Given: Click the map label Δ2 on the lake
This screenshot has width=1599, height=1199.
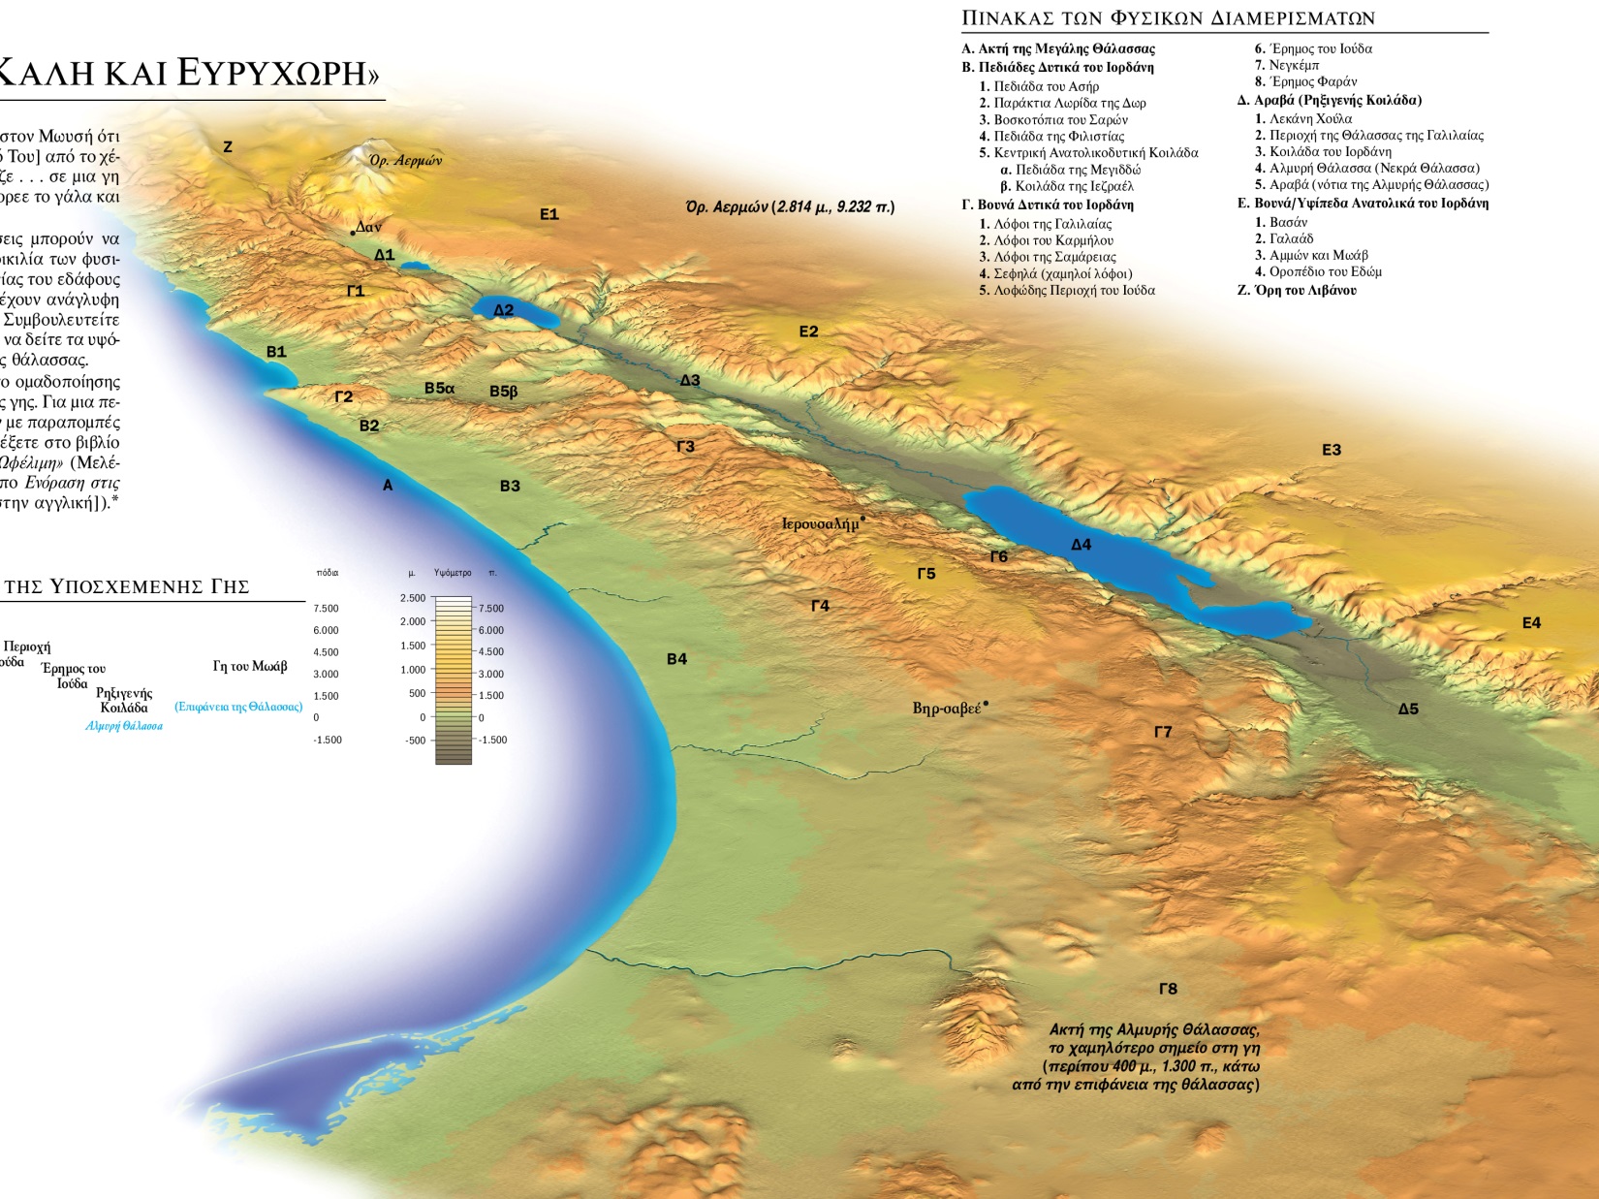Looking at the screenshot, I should tap(503, 310).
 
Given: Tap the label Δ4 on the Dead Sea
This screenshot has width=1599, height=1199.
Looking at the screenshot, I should tap(1081, 545).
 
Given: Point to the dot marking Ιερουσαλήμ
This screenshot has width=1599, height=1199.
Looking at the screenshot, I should tap(862, 520).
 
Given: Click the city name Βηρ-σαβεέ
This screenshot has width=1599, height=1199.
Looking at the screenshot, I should tap(946, 709).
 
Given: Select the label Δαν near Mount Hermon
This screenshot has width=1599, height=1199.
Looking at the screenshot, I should tap(368, 227).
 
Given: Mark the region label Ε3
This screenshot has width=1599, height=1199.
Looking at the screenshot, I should tap(1332, 450).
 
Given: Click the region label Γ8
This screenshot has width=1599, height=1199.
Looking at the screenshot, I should tap(1168, 989).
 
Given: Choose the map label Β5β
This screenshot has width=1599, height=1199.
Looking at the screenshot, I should tap(503, 392).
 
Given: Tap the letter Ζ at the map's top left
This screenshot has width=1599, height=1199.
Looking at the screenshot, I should tap(228, 147).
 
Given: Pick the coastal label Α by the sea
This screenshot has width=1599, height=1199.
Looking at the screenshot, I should tap(388, 485).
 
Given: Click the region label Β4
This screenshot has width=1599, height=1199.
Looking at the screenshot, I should tap(676, 659).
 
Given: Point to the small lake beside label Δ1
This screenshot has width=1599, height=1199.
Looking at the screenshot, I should tap(415, 265).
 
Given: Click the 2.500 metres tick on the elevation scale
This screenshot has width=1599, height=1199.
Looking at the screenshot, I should tap(413, 598).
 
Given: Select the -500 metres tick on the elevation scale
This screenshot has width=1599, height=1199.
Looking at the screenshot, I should tap(417, 741).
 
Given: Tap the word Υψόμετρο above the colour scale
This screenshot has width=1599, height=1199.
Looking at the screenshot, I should tap(453, 573).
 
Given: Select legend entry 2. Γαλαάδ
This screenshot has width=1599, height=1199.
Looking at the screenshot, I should tap(1284, 238).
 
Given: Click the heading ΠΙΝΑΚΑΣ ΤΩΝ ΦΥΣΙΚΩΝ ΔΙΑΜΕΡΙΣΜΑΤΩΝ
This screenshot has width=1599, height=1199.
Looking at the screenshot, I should tap(1168, 17).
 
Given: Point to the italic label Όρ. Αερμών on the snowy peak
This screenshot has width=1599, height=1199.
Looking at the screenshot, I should tap(405, 160).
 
